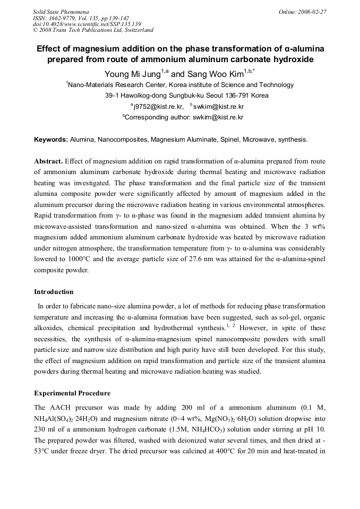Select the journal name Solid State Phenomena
61,11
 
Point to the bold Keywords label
51,140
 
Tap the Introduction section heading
54,291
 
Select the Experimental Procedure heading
72,393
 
